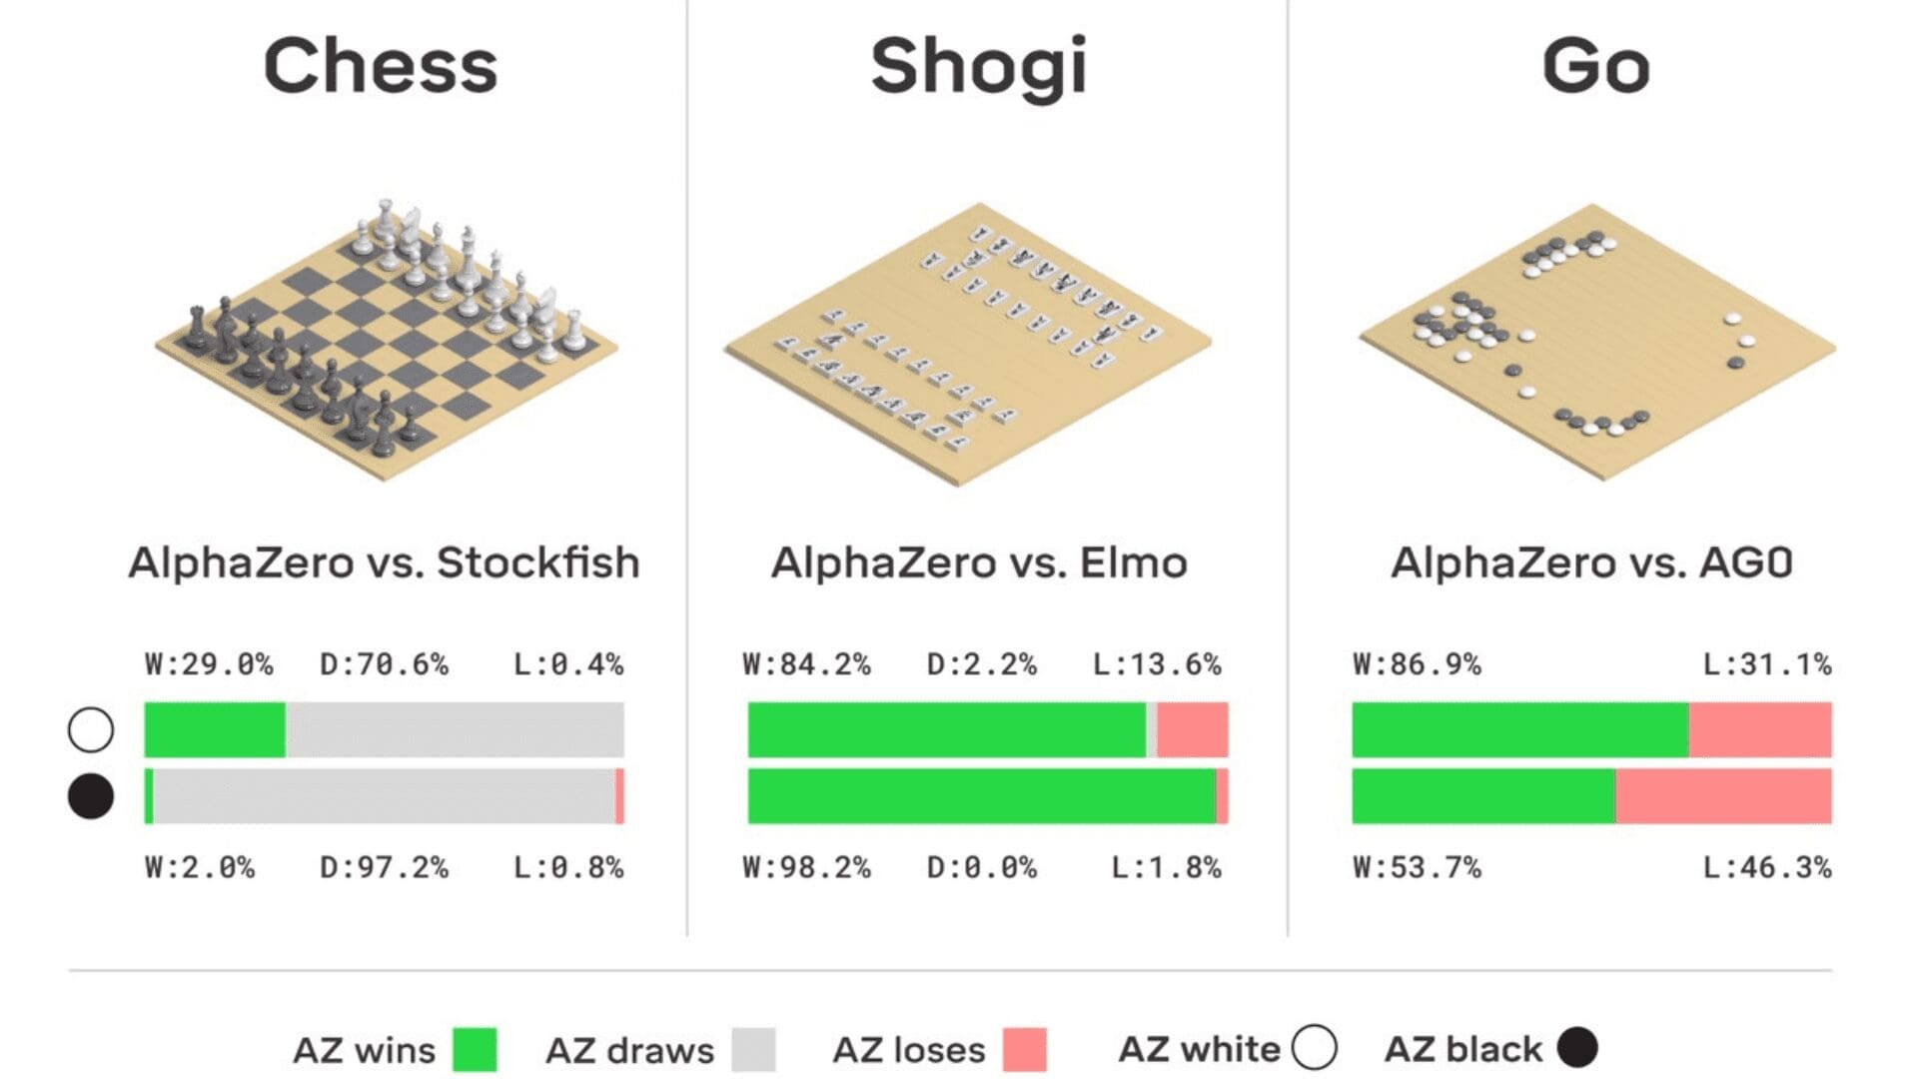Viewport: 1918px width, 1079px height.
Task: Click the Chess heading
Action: pos(381,66)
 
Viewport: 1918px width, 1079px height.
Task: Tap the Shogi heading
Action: pos(978,66)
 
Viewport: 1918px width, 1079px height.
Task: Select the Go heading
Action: pos(1595,66)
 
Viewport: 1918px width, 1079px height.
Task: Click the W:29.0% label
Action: pos(209,664)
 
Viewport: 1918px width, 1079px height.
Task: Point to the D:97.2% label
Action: pos(384,867)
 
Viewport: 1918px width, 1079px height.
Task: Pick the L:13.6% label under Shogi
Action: pos(1157,664)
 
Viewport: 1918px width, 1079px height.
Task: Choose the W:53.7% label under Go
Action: pos(1417,867)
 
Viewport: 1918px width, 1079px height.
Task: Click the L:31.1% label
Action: pos(1766,664)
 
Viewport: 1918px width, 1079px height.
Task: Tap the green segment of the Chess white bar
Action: pos(215,729)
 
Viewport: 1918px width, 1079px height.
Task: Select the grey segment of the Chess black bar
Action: pos(384,796)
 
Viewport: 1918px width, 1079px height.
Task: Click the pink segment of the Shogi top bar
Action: pos(1193,729)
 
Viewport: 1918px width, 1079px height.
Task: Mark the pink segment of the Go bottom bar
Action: pos(1723,796)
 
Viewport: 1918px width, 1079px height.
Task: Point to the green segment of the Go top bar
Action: pos(1519,729)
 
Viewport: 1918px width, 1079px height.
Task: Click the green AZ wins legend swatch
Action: pos(475,1050)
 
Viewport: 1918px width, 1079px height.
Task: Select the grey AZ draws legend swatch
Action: pos(753,1050)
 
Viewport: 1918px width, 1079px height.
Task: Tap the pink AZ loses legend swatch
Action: pos(1025,1050)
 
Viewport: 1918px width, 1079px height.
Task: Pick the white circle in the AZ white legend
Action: pos(1315,1048)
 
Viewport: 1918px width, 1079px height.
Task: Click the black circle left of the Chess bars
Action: pos(91,796)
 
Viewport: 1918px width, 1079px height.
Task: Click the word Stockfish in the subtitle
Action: pos(537,562)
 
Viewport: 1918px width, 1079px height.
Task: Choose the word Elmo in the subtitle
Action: pos(1133,562)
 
